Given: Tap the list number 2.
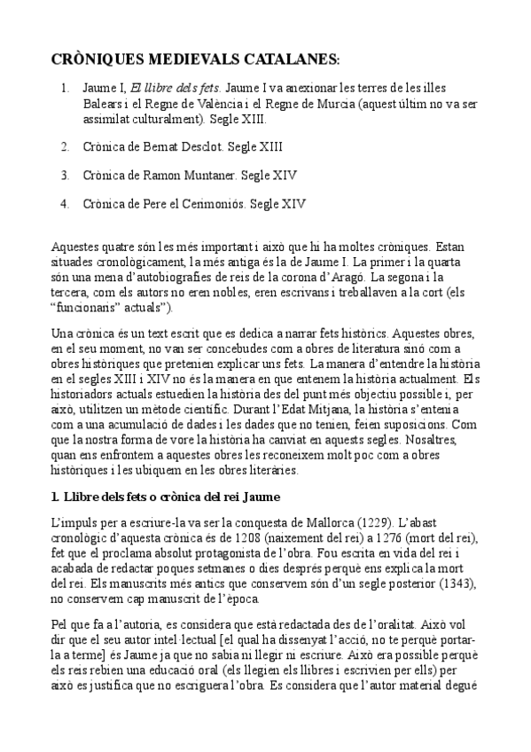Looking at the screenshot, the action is [x=65, y=145].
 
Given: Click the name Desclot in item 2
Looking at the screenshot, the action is [x=197, y=145].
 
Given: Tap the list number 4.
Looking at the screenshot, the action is [x=65, y=203].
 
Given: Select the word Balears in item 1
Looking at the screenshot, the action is [x=101, y=103].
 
